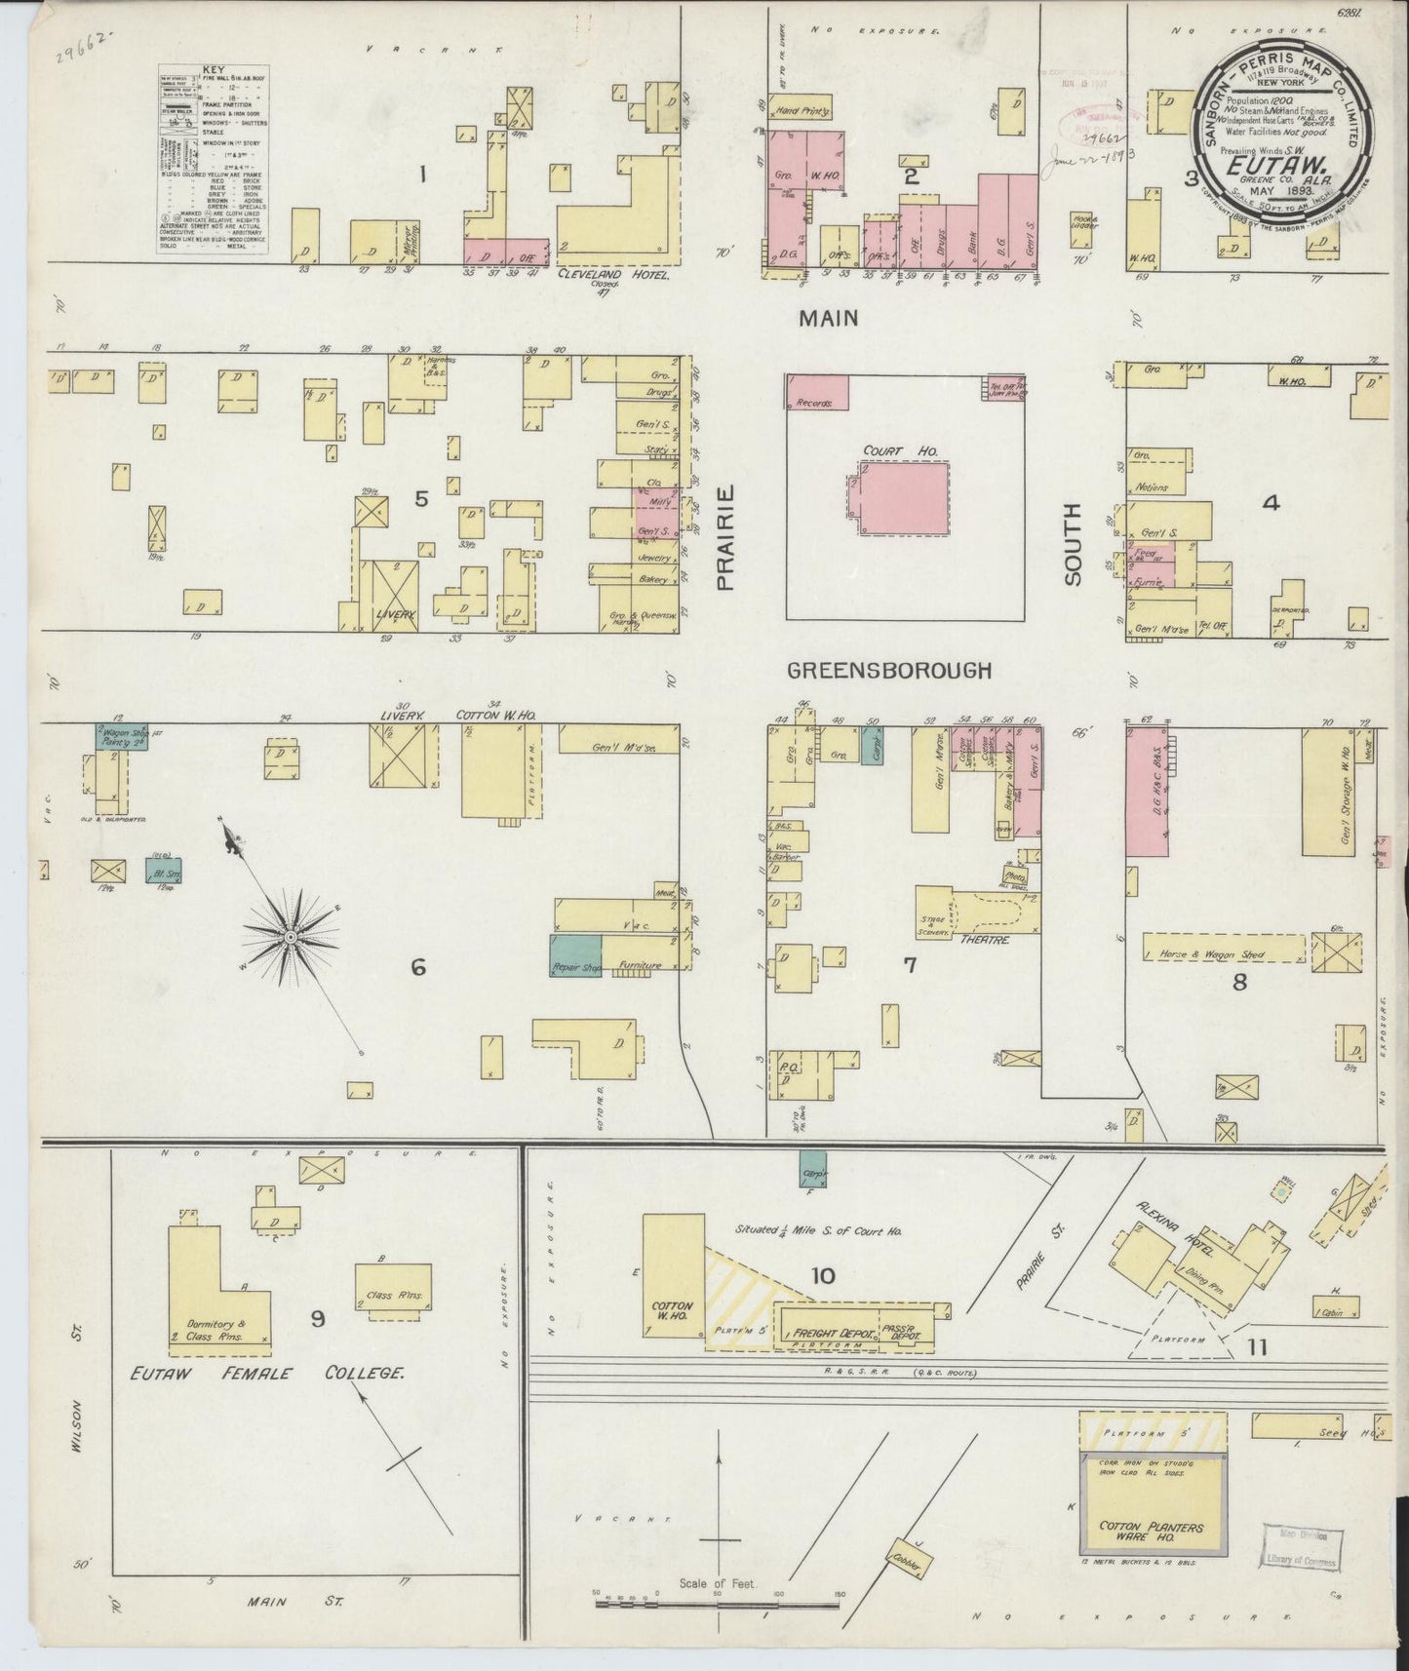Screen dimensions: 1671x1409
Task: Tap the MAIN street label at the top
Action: [829, 317]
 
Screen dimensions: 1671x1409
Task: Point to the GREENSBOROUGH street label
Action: [889, 671]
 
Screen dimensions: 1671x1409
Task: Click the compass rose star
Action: [290, 936]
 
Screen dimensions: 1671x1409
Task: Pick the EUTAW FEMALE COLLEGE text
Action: [268, 1373]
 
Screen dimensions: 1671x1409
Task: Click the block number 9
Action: [318, 1319]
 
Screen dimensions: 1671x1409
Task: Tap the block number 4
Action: [1270, 503]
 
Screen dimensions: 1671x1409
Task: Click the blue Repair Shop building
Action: [575, 955]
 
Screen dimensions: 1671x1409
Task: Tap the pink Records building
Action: [817, 392]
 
